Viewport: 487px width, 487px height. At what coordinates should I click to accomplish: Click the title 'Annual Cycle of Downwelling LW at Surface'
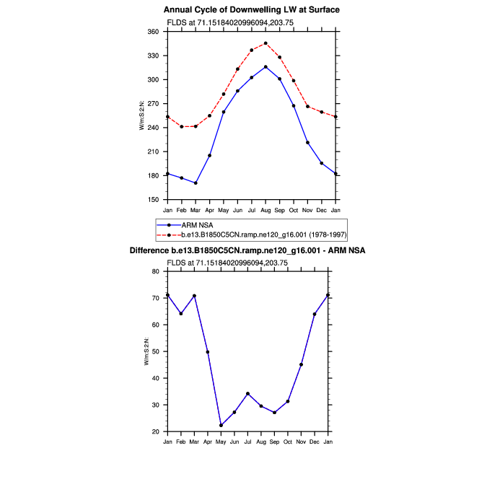tap(251, 10)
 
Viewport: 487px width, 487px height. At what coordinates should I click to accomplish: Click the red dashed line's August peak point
tap(266, 43)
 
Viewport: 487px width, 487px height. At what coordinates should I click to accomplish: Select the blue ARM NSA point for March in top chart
tap(196, 183)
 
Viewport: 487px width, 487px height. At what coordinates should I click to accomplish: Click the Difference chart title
tap(247, 250)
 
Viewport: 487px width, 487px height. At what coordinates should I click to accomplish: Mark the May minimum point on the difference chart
tap(221, 425)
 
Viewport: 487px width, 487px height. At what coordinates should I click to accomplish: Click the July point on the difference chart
tap(247, 393)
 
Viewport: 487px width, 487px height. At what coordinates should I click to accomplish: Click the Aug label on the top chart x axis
tap(266, 210)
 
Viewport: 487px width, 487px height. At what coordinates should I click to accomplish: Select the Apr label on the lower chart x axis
tap(208, 441)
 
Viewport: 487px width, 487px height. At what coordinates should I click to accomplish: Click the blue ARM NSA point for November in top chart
tap(307, 143)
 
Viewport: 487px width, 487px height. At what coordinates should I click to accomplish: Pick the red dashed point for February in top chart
tap(182, 127)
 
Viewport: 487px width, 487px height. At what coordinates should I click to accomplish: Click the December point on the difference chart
tap(315, 314)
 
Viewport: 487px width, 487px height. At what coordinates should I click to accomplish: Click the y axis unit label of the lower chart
tap(146, 351)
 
